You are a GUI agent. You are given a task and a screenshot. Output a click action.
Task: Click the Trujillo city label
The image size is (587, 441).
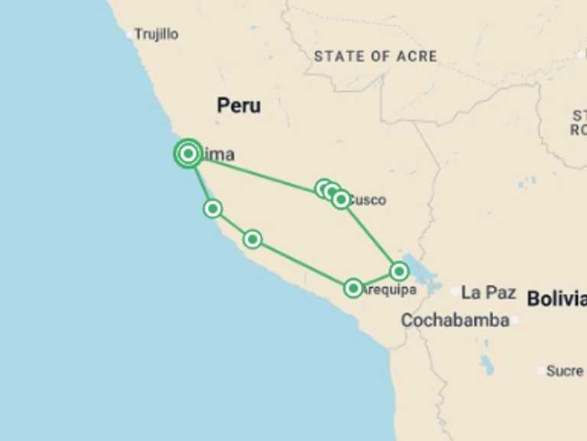156,34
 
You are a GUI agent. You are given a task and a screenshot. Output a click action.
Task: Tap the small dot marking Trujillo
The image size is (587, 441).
129,34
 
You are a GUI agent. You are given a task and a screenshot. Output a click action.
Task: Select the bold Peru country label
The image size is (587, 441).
238,106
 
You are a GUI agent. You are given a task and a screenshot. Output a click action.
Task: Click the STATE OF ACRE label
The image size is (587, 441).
375,57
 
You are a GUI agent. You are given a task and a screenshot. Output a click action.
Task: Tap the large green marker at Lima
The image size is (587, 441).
188,154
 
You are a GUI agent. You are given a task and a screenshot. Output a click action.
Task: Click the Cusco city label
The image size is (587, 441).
367,201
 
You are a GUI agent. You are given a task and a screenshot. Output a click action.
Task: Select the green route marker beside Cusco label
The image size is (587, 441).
341,200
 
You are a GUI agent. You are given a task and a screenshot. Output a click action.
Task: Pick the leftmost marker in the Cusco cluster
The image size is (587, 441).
323,188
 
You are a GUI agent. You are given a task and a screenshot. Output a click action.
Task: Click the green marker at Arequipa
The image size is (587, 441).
352,288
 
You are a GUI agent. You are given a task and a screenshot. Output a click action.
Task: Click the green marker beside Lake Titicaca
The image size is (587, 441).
399,271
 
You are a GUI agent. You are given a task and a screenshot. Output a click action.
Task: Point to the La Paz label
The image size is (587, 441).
489,292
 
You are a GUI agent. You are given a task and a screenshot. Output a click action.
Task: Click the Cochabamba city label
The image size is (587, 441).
455,320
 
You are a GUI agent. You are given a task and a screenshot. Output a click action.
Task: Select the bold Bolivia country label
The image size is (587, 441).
556,299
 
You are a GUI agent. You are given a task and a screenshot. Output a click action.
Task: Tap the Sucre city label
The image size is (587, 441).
566,371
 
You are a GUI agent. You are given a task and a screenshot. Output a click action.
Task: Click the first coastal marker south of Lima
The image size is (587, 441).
212,208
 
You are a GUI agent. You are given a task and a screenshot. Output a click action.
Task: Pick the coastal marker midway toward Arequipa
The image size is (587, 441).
252,240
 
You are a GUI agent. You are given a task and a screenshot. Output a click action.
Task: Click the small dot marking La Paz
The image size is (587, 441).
456,292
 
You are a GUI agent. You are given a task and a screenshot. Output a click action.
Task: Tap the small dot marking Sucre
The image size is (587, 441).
541,371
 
